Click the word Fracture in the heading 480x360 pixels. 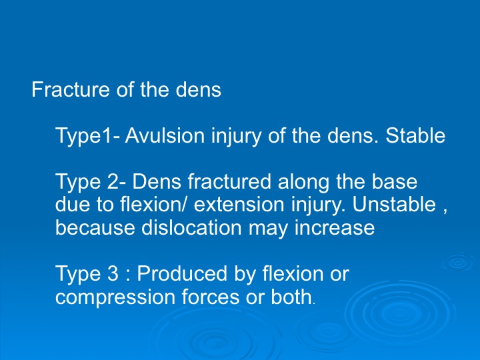71,89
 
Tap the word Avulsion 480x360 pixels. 165,135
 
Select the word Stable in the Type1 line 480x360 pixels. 415,135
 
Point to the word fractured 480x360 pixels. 229,181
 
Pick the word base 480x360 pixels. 394,181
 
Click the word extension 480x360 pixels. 239,205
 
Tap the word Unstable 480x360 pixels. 394,204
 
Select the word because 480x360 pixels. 95,227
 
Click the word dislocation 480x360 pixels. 191,227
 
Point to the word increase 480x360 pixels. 334,227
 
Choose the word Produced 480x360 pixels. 182,273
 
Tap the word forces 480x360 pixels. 210,296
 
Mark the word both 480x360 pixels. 291,296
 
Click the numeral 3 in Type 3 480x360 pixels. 113,273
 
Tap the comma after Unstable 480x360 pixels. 445,211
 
